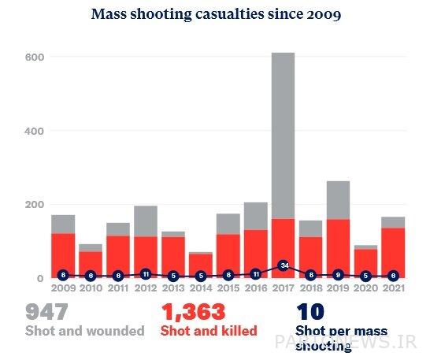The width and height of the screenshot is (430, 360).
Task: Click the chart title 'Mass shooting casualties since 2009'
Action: point(216,14)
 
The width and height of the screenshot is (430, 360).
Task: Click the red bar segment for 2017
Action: point(284,244)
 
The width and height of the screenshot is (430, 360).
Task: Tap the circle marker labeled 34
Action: point(284,265)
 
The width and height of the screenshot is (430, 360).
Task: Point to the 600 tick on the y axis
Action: point(33,57)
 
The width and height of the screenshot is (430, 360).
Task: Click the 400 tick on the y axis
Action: point(33,130)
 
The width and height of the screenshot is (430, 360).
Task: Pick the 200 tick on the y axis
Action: point(33,204)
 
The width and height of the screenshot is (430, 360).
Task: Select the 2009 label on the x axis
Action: point(63,290)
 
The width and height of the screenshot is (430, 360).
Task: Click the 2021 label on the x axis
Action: point(394,290)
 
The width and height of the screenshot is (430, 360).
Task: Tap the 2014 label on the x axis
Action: point(201,290)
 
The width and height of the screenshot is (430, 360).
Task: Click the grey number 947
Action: point(48,313)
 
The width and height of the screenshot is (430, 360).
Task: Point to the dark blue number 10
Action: point(310,313)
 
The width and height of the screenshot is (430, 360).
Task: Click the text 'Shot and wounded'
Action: point(84,331)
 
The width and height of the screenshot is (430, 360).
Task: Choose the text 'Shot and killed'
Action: point(209,331)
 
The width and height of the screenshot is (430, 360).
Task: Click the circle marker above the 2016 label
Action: point(256,274)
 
